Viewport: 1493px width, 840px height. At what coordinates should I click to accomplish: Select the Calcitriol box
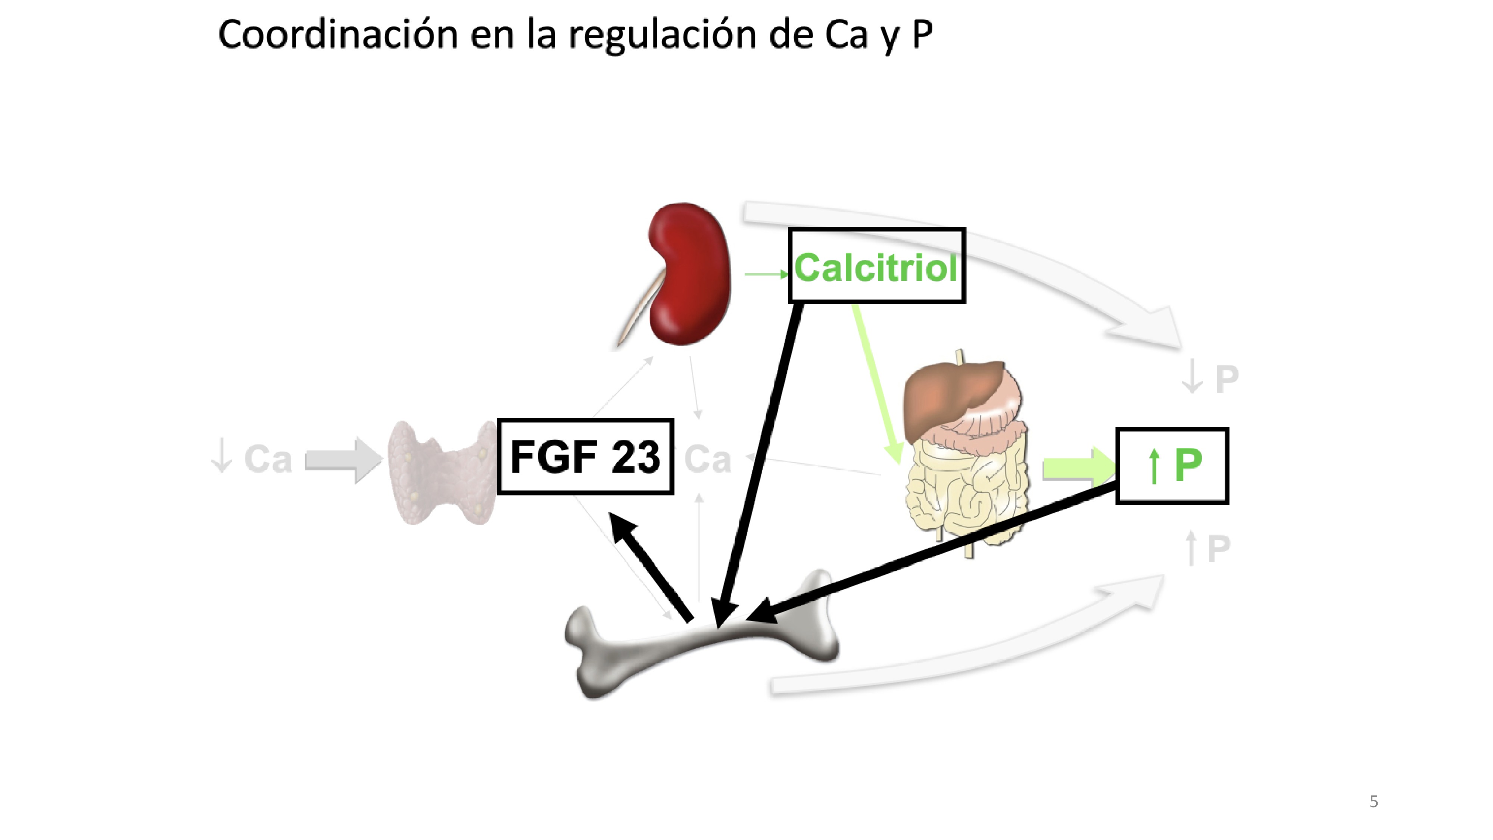point(876,265)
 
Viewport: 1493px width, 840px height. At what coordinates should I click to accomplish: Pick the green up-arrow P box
point(1172,466)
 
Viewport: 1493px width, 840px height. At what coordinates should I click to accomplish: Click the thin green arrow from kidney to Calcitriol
point(765,274)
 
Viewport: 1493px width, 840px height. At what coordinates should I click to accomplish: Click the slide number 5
point(1373,801)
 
